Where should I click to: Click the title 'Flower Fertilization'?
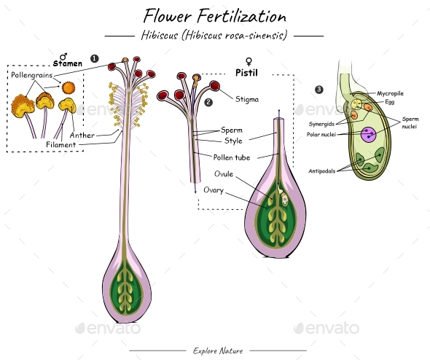click(214, 15)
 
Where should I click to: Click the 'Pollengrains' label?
click(30, 75)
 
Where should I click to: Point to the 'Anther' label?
click(82, 135)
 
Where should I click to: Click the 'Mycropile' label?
click(390, 93)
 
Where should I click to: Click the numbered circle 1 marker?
click(94, 58)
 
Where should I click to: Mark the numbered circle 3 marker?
click(318, 90)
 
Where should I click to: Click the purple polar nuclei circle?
click(370, 134)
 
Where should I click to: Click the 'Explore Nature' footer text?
click(214, 351)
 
